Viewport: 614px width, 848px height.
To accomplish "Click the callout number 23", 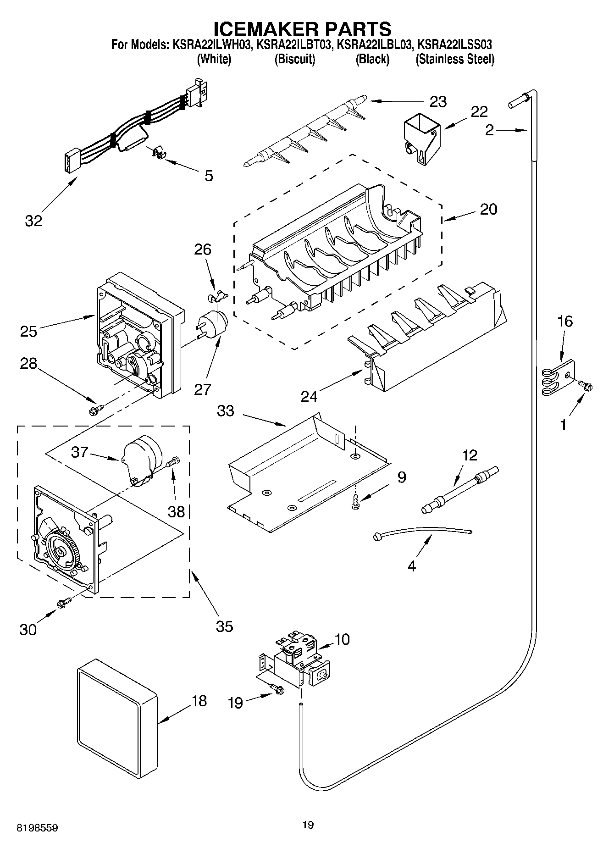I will pyautogui.click(x=438, y=101).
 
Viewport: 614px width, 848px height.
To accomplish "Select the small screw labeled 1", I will pyautogui.click(x=586, y=386).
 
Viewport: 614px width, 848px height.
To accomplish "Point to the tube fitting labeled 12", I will pyautogui.click(x=459, y=489).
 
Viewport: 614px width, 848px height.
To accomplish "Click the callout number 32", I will pyautogui.click(x=33, y=221).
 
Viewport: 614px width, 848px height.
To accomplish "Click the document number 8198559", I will pyautogui.click(x=37, y=828).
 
